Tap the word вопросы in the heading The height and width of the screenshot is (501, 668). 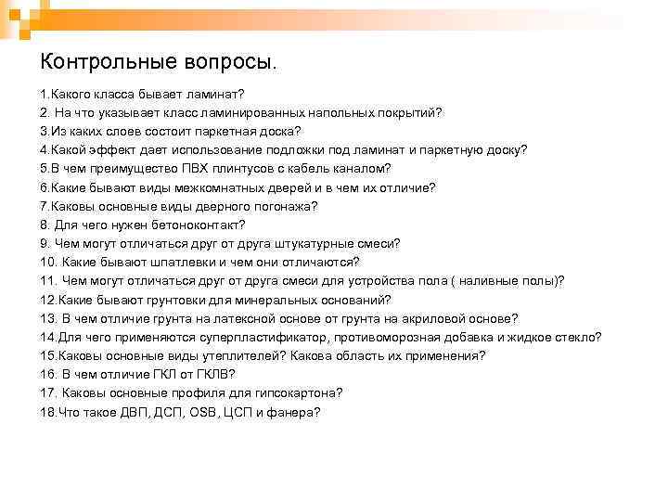pyautogui.click(x=231, y=63)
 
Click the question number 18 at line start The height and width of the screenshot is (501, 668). pyautogui.click(x=47, y=412)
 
